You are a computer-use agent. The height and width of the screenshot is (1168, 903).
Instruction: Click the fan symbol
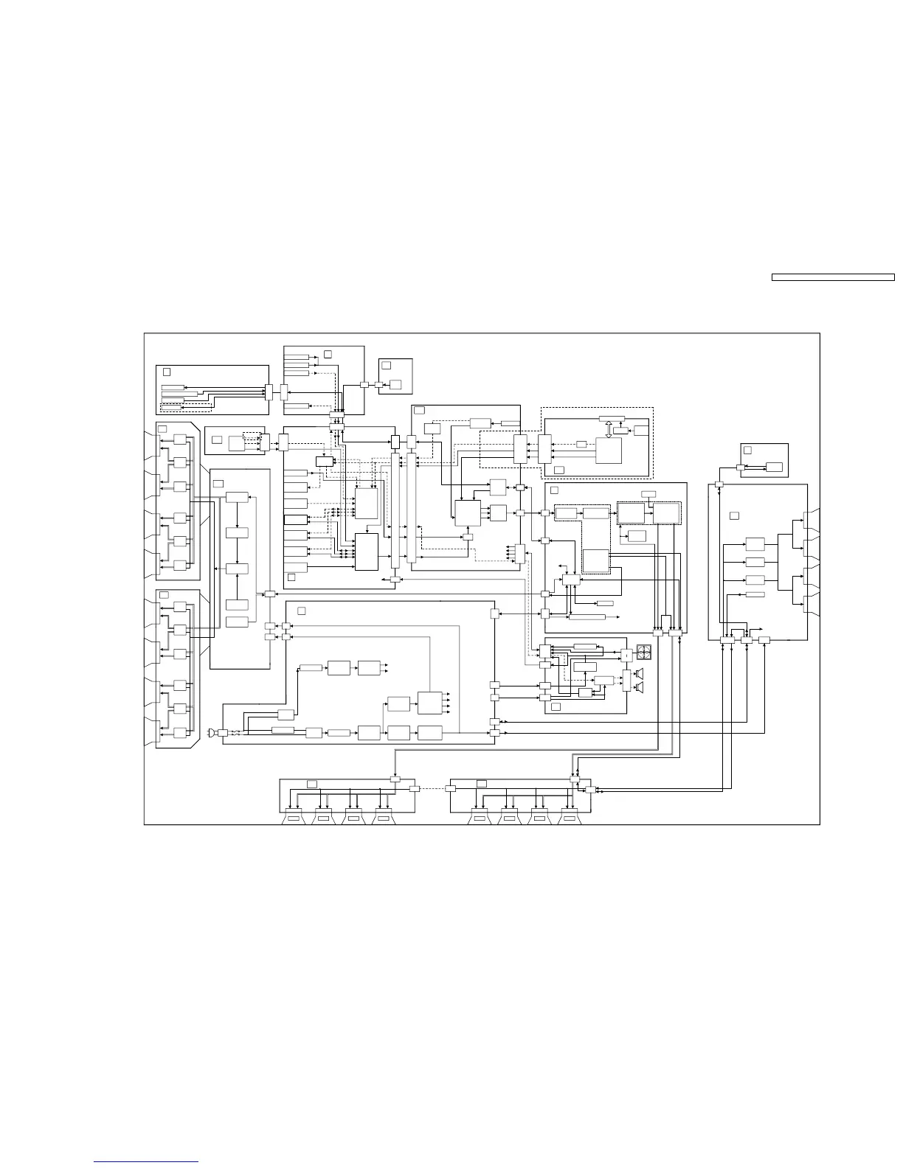[x=645, y=653]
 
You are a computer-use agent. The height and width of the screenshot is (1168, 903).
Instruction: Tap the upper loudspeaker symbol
[x=640, y=674]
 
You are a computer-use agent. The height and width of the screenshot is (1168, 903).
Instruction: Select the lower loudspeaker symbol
[x=640, y=688]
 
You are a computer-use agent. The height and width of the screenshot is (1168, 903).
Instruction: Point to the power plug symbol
[x=212, y=733]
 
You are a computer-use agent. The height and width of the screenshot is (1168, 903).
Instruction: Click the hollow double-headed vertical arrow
[x=609, y=429]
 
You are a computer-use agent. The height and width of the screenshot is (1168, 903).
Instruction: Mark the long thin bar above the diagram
[x=833, y=278]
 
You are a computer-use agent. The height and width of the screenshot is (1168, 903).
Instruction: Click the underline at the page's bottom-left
[x=146, y=1162]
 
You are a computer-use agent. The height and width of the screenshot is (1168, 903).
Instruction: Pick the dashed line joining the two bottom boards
[x=433, y=788]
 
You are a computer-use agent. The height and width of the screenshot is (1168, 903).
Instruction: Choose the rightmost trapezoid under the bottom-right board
[x=568, y=818]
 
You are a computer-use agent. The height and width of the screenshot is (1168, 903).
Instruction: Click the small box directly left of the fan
[x=627, y=653]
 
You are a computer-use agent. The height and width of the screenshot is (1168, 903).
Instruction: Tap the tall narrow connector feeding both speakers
[x=627, y=681]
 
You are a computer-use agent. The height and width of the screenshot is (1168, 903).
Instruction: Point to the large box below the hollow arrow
[x=609, y=451]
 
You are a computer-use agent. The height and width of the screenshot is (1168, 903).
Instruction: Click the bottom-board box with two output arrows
[x=369, y=667]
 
